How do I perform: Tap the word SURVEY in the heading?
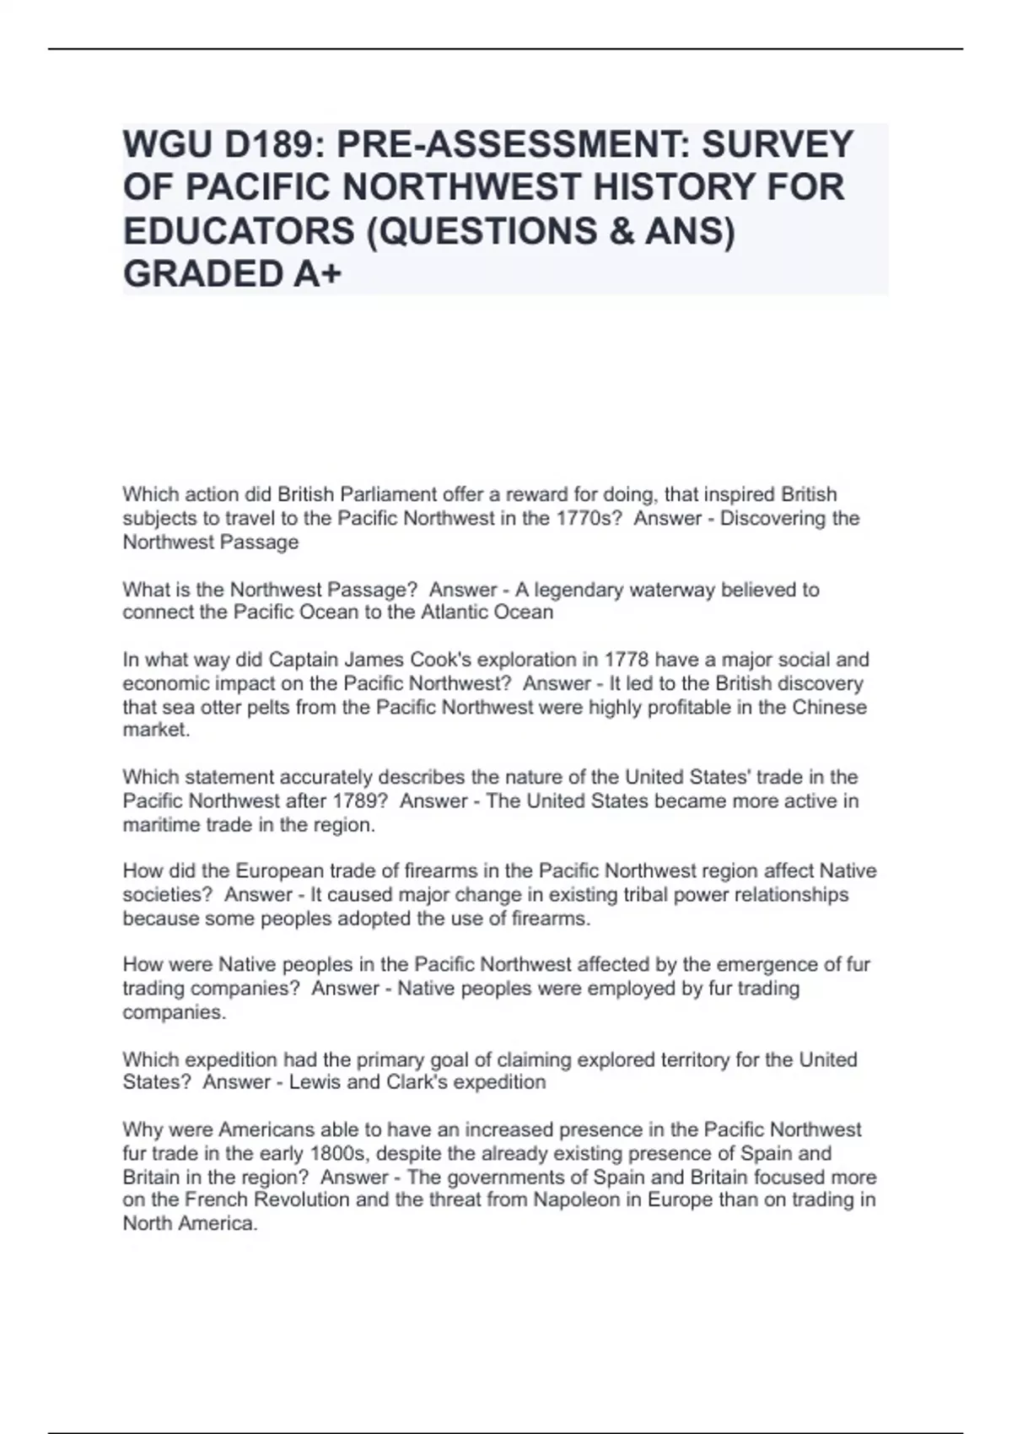[x=777, y=144]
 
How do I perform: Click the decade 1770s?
[x=589, y=518]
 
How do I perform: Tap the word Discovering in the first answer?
[x=772, y=518]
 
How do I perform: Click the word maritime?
[x=159, y=825]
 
